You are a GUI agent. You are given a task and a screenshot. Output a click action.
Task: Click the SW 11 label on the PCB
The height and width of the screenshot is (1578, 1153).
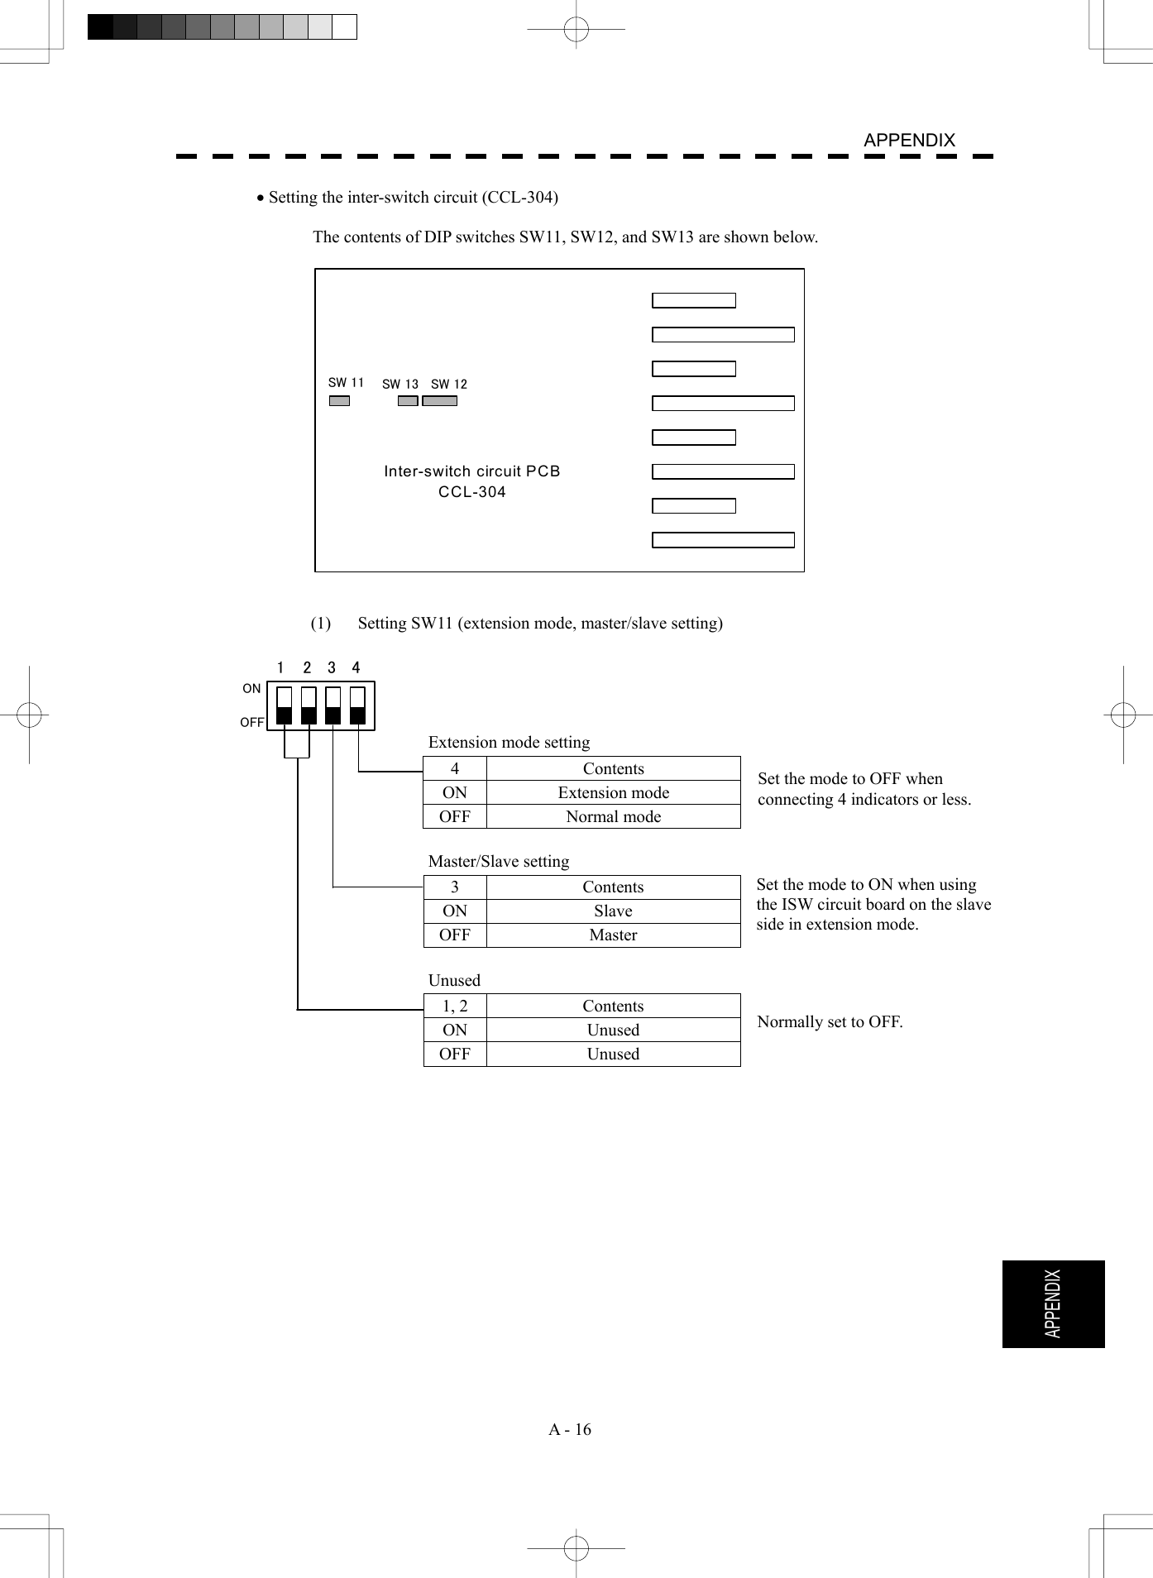pyautogui.click(x=346, y=383)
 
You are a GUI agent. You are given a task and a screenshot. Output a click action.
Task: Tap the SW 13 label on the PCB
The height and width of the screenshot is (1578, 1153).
pyautogui.click(x=400, y=385)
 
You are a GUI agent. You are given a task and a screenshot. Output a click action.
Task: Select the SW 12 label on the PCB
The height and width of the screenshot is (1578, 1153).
pyautogui.click(x=449, y=385)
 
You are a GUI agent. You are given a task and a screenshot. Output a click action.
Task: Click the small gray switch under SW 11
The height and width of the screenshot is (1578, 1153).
pyautogui.click(x=339, y=401)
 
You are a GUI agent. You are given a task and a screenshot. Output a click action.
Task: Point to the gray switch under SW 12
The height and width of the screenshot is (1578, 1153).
pyautogui.click(x=439, y=401)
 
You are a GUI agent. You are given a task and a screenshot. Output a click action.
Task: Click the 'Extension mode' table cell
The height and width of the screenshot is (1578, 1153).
pyautogui.click(x=613, y=792)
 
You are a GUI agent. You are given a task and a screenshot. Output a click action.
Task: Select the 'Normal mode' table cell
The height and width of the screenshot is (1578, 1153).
pyautogui.click(x=613, y=816)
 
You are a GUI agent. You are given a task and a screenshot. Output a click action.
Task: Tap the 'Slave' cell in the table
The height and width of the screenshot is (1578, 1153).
pyautogui.click(x=613, y=911)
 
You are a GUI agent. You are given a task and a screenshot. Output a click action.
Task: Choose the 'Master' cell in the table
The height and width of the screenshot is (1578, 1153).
pyautogui.click(x=613, y=935)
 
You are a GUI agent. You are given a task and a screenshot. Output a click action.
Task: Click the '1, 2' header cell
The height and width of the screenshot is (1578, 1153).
pyautogui.click(x=455, y=1006)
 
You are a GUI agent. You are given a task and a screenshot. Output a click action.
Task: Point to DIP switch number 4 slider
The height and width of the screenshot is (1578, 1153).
pyautogui.click(x=357, y=705)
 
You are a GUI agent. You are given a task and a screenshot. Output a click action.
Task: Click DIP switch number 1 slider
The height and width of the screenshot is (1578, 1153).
pyautogui.click(x=284, y=705)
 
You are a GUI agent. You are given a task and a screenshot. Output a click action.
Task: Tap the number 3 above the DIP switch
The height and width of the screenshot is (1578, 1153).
pyautogui.click(x=332, y=667)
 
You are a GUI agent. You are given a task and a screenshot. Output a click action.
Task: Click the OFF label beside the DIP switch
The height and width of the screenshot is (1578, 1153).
pyautogui.click(x=252, y=722)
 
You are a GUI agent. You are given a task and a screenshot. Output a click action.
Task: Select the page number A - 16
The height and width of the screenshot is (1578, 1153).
pyautogui.click(x=570, y=1429)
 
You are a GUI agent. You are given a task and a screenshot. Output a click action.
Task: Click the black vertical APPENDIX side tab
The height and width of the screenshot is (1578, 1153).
pyautogui.click(x=1053, y=1304)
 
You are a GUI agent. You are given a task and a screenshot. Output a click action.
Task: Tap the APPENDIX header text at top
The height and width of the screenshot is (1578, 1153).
pyautogui.click(x=909, y=141)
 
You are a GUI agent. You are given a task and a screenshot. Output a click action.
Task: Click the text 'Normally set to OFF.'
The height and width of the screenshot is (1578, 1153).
pyautogui.click(x=830, y=1021)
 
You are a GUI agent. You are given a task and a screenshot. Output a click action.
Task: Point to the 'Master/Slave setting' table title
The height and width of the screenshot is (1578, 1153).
pyautogui.click(x=499, y=861)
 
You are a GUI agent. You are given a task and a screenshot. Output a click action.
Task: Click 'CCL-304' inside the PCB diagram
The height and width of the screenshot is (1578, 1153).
pyautogui.click(x=472, y=492)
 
